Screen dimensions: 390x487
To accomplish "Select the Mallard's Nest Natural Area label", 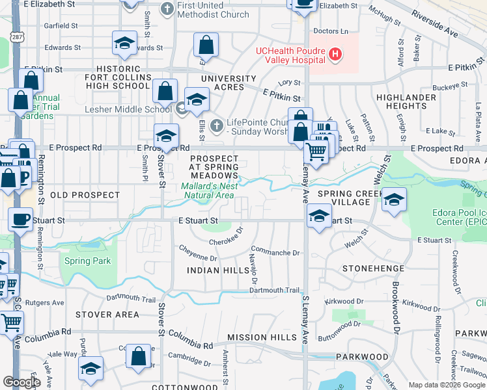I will point(208,190).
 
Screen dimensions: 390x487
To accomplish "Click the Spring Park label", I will point(87,261).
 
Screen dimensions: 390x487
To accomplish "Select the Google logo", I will point(21,382).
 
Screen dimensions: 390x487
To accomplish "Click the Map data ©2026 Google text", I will point(446,385).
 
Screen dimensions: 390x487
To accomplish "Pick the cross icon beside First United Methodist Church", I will point(166,9).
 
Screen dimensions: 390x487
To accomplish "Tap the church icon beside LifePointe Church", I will point(216,123).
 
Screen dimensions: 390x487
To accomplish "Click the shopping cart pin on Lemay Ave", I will point(316,152).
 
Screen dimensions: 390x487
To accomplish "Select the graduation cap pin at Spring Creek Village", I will point(394,199).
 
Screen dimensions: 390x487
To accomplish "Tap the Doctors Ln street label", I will point(331,31).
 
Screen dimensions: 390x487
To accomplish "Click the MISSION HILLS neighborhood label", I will point(257,337).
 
